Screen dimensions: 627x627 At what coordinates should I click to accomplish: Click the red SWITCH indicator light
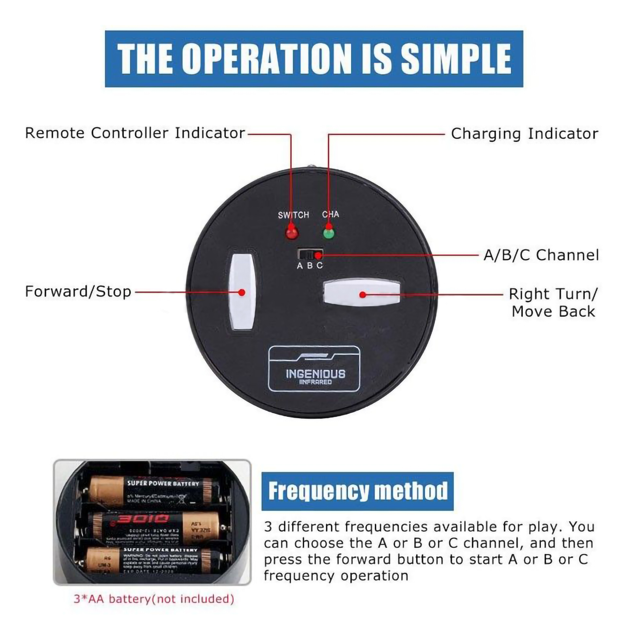292,233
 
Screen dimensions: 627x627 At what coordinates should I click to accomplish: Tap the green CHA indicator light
329,233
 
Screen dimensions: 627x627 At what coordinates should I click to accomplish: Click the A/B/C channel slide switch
310,254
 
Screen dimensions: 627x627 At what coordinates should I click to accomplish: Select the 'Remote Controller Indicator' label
135,133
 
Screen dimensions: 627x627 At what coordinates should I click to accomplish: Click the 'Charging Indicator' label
524,134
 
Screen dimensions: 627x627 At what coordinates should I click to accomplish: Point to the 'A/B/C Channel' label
541,255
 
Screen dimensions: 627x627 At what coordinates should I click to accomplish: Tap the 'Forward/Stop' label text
78,292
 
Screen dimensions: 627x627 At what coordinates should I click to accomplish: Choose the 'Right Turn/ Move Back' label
553,302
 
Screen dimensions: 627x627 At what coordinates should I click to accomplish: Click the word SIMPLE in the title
456,59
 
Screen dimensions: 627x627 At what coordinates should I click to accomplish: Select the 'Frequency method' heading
358,491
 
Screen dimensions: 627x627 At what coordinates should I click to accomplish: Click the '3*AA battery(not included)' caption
154,599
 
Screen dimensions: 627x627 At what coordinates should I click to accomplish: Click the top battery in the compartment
150,491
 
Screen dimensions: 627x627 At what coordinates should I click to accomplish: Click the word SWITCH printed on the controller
293,215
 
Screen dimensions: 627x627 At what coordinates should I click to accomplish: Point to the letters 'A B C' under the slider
310,266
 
